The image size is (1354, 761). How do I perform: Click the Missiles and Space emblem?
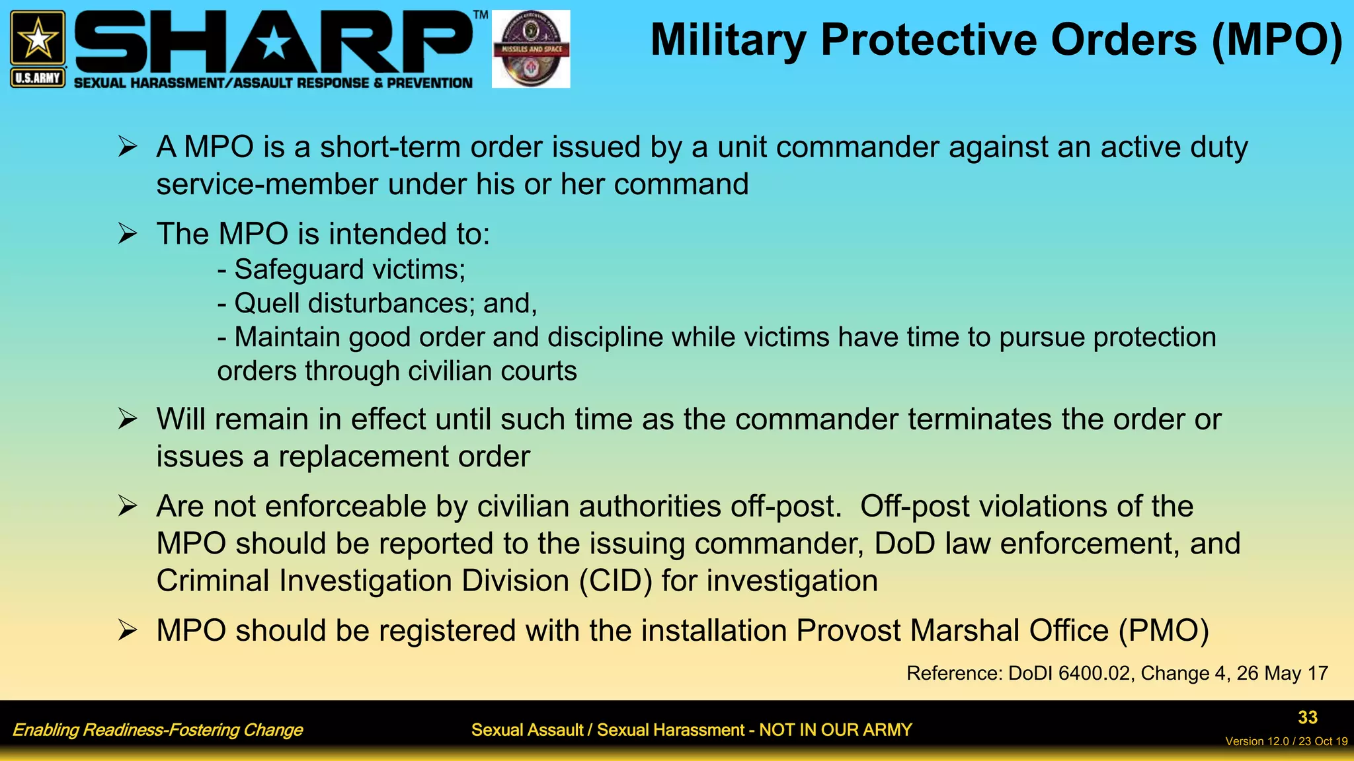(x=531, y=49)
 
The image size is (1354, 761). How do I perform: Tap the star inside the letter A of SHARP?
(x=273, y=45)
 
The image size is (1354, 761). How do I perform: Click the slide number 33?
(x=1307, y=717)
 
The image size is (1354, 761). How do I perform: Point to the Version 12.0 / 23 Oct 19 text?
(x=1286, y=741)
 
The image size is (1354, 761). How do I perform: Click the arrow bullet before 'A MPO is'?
(x=127, y=146)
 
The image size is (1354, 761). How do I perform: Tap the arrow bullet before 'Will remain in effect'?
(x=127, y=419)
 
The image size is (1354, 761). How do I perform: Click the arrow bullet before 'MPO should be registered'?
(x=127, y=630)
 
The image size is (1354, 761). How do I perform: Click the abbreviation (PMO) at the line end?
(x=1164, y=631)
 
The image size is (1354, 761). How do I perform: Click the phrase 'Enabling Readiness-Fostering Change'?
(x=157, y=730)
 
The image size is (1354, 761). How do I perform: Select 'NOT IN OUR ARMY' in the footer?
(x=835, y=730)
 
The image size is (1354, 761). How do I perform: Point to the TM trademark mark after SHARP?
(x=481, y=15)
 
